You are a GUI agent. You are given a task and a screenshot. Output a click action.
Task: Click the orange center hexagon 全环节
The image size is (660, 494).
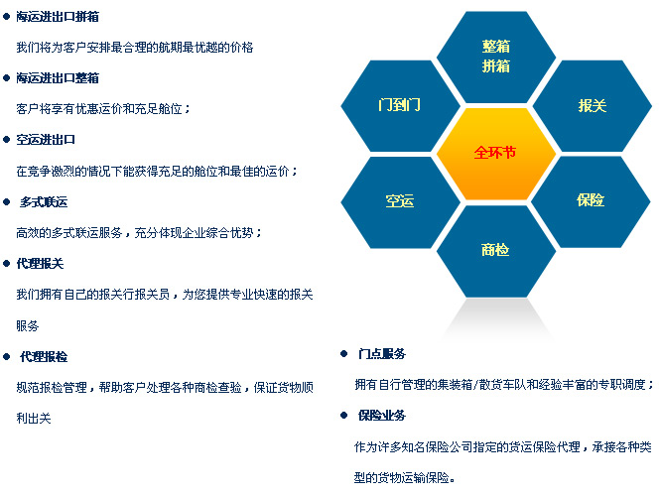496,154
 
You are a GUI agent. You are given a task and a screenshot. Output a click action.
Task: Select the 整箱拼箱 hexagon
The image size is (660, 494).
496,57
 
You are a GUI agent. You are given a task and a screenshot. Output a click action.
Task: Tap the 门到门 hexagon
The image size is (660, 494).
400,105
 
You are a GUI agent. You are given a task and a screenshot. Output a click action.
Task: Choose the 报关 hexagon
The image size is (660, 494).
592,105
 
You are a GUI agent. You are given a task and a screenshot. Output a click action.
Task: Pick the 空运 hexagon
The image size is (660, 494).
400,202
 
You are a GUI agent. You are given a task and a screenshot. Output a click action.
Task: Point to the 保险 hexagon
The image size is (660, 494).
591,201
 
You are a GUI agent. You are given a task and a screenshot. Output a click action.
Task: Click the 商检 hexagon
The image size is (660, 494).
496,251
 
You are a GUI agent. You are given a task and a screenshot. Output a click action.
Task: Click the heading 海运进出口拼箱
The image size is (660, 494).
58,17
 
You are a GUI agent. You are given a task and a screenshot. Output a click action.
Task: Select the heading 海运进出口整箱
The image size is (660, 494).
58,77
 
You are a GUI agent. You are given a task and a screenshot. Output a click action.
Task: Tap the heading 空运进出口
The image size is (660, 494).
46,140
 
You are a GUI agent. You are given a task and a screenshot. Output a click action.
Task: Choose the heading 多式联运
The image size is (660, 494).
44,202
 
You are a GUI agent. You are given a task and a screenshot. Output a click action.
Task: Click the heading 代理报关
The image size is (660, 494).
40,264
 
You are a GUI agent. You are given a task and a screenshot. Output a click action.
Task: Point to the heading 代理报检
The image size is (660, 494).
44,357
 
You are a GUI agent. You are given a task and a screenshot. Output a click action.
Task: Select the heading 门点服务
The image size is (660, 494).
382,353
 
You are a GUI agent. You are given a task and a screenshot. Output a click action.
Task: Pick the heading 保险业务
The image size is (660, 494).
382,416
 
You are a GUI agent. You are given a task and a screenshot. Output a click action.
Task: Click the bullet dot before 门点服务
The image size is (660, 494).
343,353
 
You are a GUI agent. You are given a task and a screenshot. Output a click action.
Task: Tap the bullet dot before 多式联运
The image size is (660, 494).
6,202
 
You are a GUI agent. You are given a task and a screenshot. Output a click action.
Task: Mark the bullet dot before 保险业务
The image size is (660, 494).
343,416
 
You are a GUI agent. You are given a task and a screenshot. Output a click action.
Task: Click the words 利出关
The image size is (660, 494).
34,419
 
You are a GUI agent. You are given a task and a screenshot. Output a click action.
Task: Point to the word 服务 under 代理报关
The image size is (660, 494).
28,325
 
